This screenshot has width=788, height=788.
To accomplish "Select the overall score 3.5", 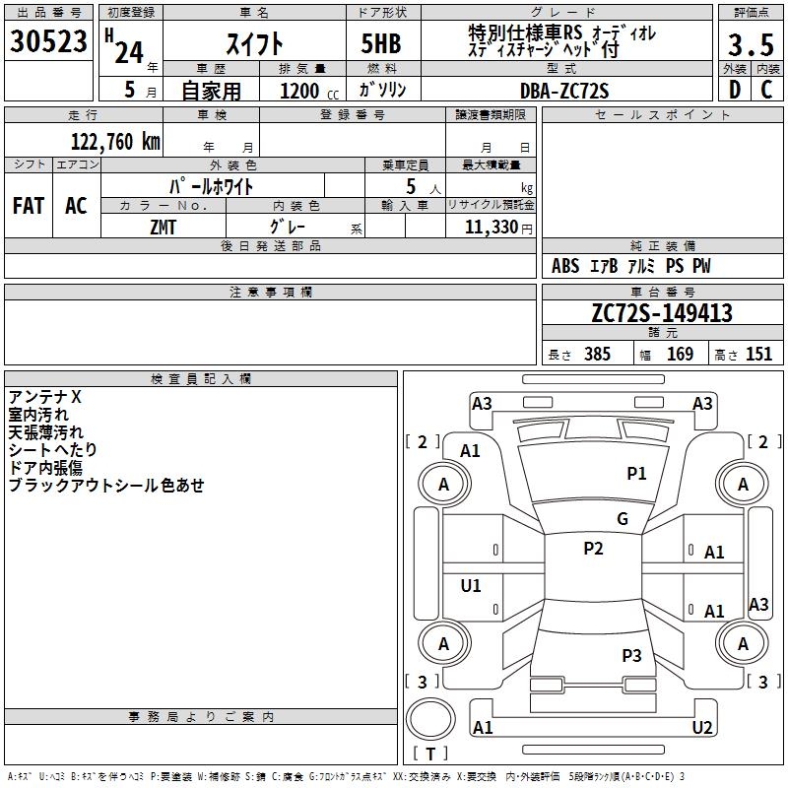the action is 751,45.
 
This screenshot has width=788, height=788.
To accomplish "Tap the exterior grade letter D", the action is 734,90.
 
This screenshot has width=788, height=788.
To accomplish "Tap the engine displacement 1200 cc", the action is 306,91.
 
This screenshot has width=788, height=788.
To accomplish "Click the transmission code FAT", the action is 29,206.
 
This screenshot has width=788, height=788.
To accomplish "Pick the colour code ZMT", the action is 164,227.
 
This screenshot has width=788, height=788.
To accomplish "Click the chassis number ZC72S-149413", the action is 661,314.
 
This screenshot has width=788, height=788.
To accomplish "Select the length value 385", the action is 596,355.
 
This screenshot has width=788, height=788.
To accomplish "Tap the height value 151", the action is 758,355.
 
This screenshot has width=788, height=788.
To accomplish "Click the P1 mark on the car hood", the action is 636,474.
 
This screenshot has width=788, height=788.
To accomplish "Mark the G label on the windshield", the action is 623,519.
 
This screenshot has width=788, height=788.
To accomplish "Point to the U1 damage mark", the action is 471,586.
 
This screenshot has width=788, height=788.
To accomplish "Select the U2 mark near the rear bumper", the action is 702,728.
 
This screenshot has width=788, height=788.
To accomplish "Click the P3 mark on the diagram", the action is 631,655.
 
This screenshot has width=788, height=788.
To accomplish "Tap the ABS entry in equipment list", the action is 565,267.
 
